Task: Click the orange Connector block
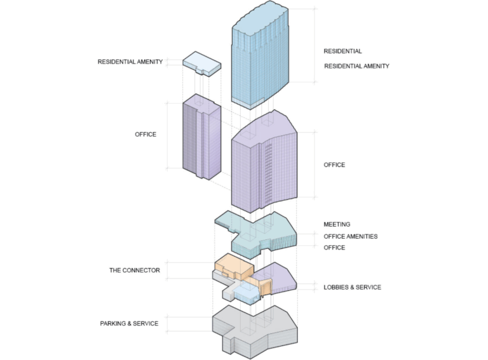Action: (233, 265)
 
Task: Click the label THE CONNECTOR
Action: (134, 270)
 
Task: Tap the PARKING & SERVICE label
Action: (129, 324)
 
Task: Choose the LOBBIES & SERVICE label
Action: (352, 287)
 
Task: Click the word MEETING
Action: (337, 224)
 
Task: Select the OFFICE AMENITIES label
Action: (351, 236)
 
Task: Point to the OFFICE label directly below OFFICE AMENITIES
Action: (334, 248)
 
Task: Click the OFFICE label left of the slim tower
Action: (146, 135)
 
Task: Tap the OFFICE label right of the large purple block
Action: (334, 165)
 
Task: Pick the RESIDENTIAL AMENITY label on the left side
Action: (130, 62)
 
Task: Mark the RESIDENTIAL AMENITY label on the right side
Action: (356, 66)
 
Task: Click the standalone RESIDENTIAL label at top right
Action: (342, 51)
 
